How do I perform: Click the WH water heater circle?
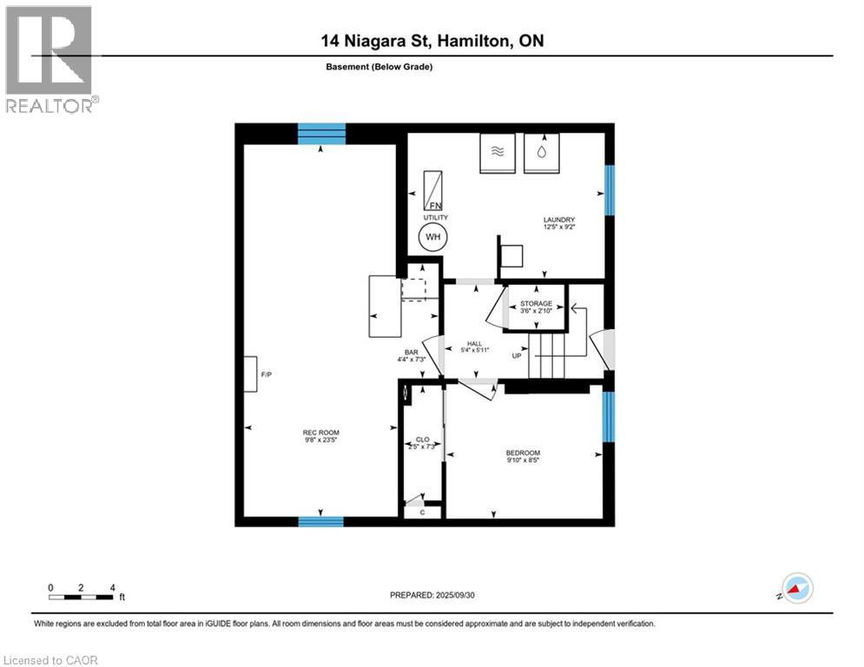pyautogui.click(x=432, y=236)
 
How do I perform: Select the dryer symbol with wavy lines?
pyautogui.click(x=498, y=152)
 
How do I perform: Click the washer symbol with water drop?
pyautogui.click(x=542, y=152)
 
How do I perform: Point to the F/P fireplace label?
pyautogui.click(x=267, y=374)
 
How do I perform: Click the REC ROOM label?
pyautogui.click(x=320, y=433)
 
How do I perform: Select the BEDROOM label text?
pyautogui.click(x=523, y=453)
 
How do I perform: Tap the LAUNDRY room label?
pyautogui.click(x=559, y=220)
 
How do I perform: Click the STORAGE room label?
pyautogui.click(x=536, y=304)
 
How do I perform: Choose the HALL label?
pyautogui.click(x=475, y=345)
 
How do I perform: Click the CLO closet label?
pyautogui.click(x=423, y=440)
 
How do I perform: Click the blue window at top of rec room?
pyautogui.click(x=321, y=133)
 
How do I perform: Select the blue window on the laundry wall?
pyautogui.click(x=610, y=190)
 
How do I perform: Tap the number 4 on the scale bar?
pyautogui.click(x=112, y=587)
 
